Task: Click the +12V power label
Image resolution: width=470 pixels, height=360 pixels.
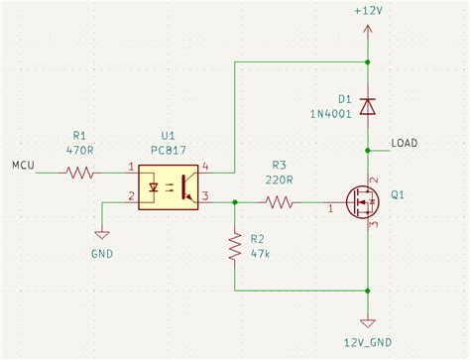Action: click(367, 9)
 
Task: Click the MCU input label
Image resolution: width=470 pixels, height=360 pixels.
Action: click(22, 164)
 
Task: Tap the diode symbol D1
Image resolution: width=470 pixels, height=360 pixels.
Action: click(368, 105)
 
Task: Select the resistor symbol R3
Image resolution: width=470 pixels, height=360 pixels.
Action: click(279, 203)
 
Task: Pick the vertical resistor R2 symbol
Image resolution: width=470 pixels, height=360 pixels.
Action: click(235, 246)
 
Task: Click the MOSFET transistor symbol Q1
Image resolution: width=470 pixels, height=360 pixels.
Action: click(361, 203)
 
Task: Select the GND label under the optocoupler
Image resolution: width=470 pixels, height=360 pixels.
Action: click(100, 254)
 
